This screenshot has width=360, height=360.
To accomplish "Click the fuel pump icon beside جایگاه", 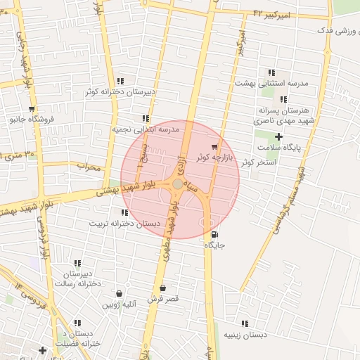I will (x=214, y=235).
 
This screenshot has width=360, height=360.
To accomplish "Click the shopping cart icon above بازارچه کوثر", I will (x=214, y=147).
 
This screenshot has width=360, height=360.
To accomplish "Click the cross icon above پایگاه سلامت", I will (x=278, y=136).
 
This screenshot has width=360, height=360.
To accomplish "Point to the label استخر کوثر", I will (x=258, y=162).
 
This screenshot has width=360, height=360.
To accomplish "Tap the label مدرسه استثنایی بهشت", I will (x=271, y=83).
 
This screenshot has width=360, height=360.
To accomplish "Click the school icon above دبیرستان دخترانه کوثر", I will (x=121, y=81).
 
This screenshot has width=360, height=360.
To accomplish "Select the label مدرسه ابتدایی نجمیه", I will (x=146, y=129).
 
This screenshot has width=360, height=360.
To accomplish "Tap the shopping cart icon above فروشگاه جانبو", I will (x=31, y=108).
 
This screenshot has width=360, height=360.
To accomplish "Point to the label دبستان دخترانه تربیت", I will (x=119, y=224).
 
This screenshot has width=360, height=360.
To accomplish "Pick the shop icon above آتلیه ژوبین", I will (x=118, y=294).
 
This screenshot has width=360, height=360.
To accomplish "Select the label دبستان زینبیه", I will (x=245, y=335).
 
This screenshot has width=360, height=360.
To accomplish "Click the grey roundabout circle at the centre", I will (x=178, y=184).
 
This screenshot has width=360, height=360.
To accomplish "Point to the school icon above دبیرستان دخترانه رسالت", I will (x=77, y=263).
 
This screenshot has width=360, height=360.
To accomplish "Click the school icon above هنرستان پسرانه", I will (x=283, y=100).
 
